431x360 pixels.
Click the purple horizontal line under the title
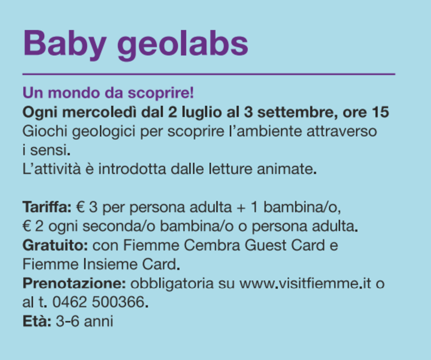[x=209, y=74]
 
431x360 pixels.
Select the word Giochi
[x=45, y=131]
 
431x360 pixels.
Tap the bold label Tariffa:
[x=47, y=207]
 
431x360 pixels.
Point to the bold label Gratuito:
[x=55, y=245]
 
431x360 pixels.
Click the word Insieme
[x=112, y=264]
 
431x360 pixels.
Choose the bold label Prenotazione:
[x=74, y=283]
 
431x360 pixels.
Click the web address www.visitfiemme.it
[x=305, y=283]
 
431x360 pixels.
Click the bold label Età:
[x=37, y=321]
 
